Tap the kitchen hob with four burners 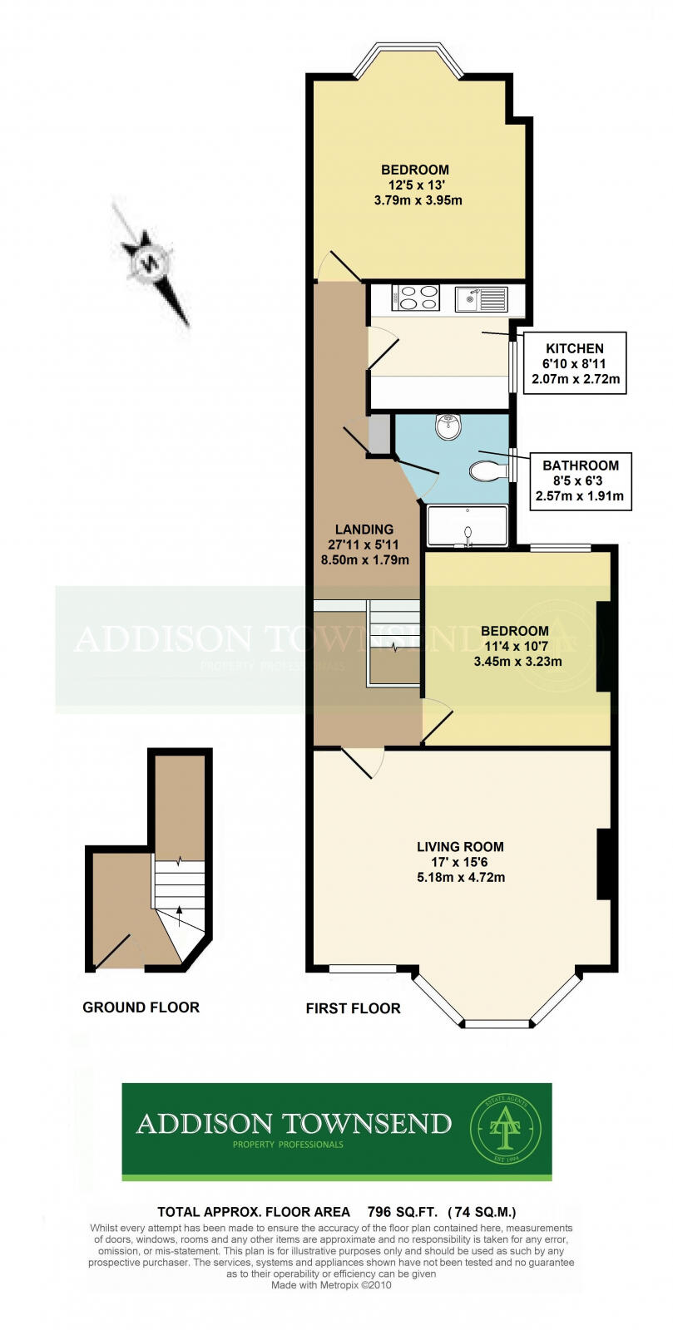[x=415, y=298]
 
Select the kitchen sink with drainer [x=481, y=298]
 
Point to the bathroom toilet [x=488, y=471]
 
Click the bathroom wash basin [x=448, y=427]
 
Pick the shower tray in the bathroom [x=467, y=525]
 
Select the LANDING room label [x=364, y=530]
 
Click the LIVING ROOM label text [x=460, y=847]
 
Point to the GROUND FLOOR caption [x=141, y=1007]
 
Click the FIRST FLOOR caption [x=353, y=1008]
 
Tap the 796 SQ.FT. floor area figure [x=399, y=1212]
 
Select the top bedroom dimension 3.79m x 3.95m [x=418, y=200]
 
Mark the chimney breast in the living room [x=604, y=864]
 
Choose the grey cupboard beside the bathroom [x=380, y=433]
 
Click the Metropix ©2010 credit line [x=331, y=1285]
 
